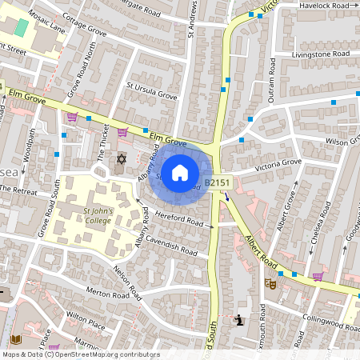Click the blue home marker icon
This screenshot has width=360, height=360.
click(180, 172)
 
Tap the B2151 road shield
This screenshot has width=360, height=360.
click(217, 183)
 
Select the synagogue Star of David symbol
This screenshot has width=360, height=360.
click(122, 160)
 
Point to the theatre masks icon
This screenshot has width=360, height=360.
click(272, 283)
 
